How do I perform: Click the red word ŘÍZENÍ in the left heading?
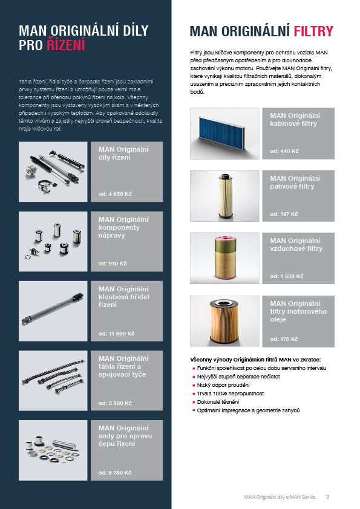(x=65, y=45)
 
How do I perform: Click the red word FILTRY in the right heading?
(x=313, y=31)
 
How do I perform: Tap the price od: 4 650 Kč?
(x=115, y=194)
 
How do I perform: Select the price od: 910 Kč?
(x=113, y=264)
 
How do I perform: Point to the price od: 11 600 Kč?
(x=116, y=334)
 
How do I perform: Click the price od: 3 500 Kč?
(x=115, y=403)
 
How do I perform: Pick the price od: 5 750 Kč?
(x=115, y=473)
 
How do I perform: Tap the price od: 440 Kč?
(x=284, y=151)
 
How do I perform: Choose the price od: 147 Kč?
(x=284, y=214)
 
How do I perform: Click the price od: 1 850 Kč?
(x=287, y=276)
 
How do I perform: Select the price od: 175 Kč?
(x=284, y=339)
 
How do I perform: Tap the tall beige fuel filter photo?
(x=225, y=196)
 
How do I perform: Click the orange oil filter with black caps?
(x=224, y=321)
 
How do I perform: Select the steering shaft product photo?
(x=53, y=311)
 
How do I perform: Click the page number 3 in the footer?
(x=328, y=497)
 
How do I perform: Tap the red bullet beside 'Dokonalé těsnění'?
(x=194, y=402)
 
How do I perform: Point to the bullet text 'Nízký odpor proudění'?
(x=223, y=385)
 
